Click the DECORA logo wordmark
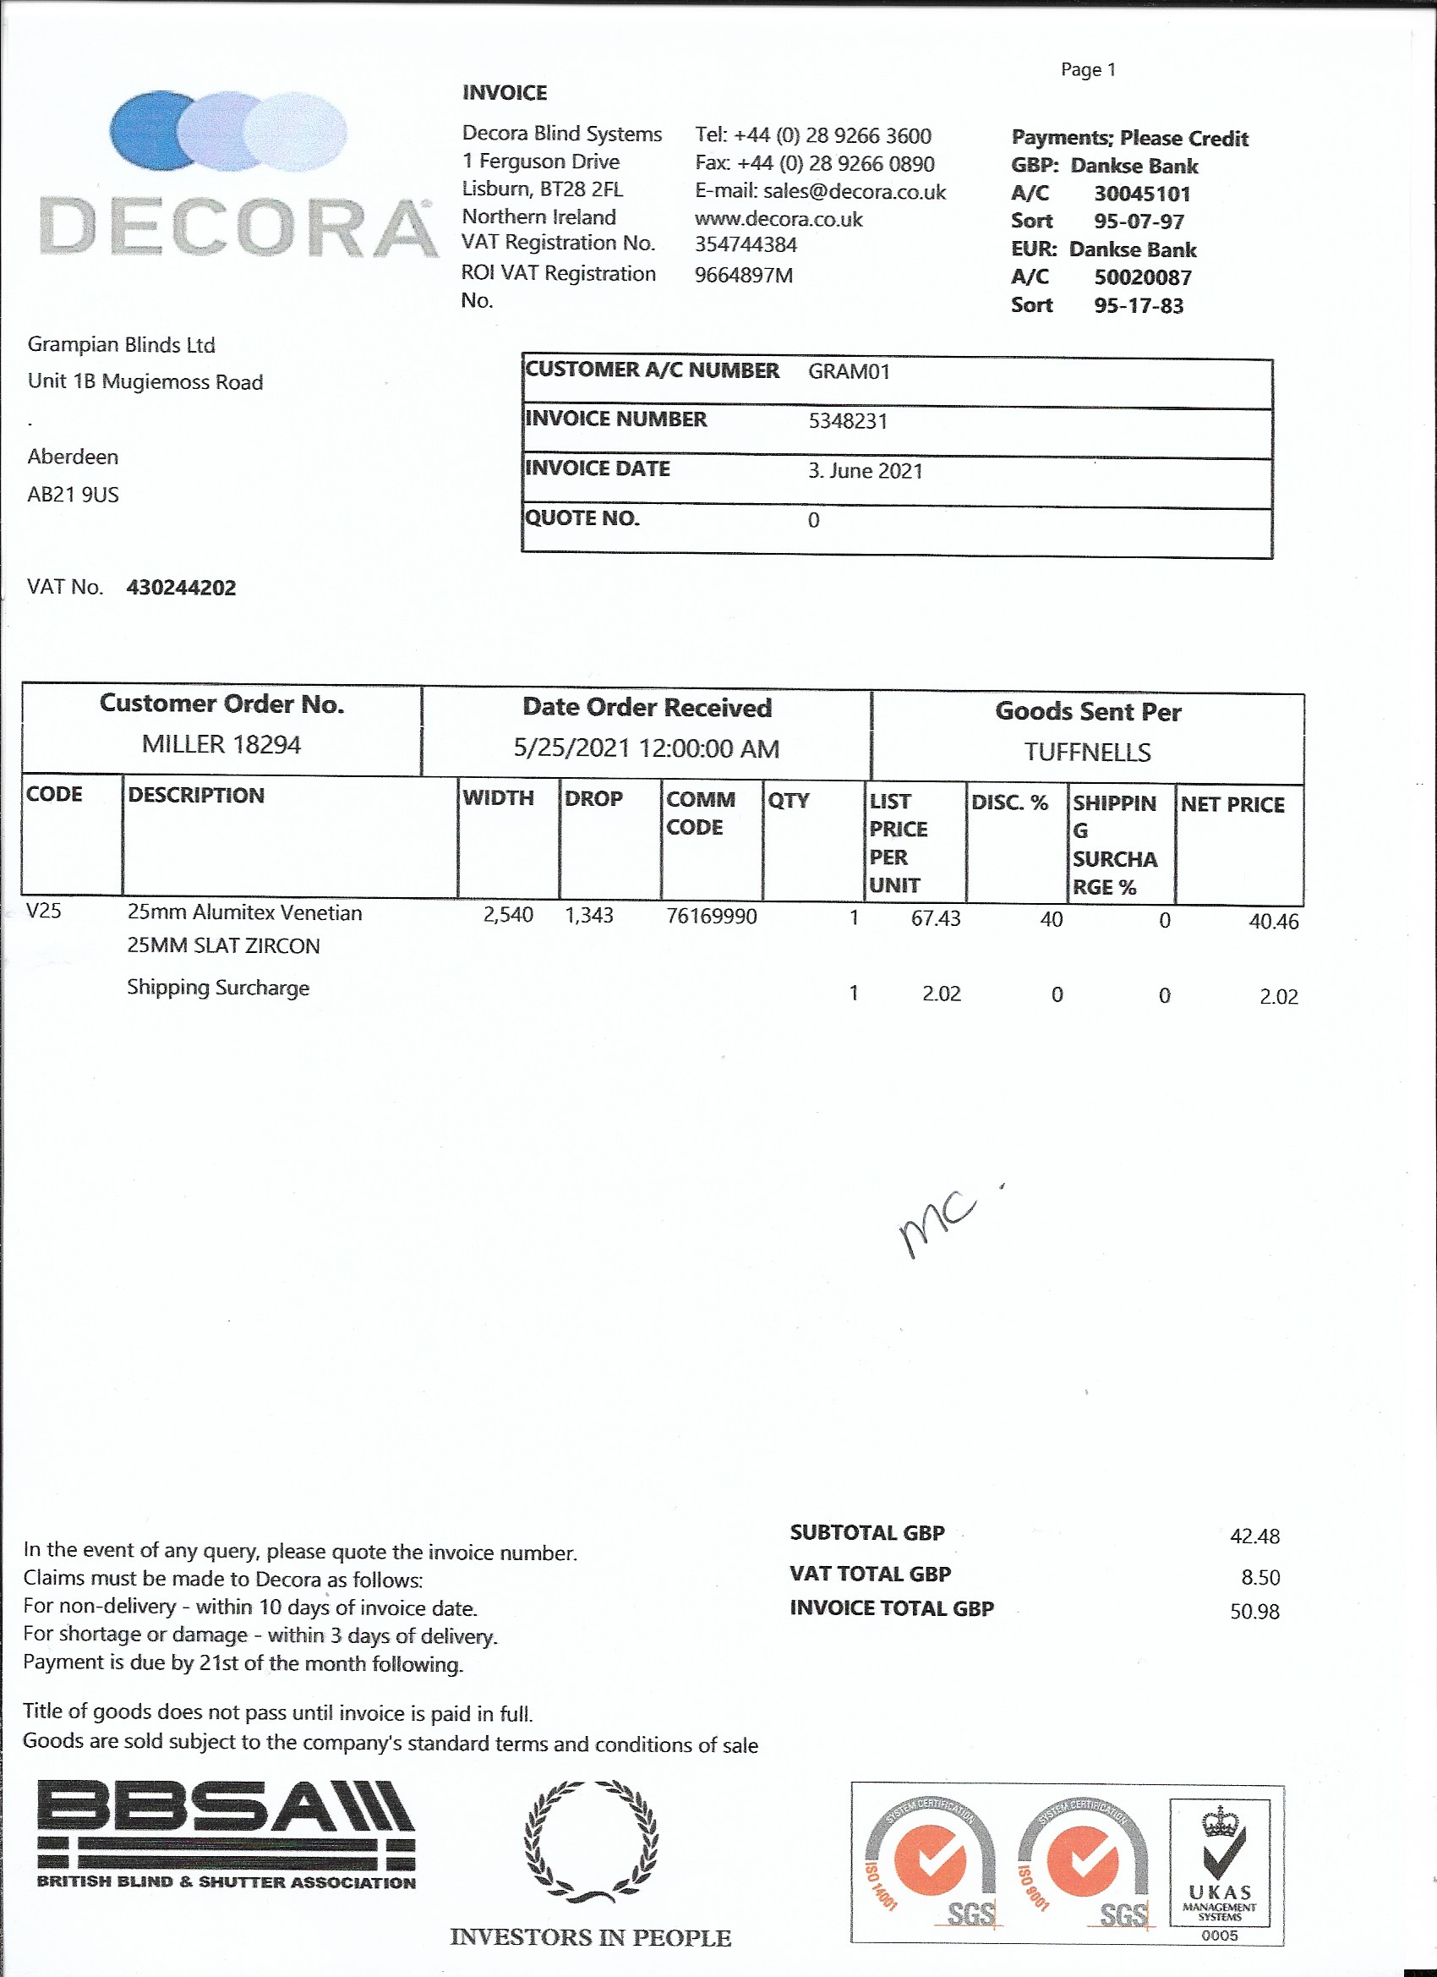point(238,228)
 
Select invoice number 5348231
point(848,422)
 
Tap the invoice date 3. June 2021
point(866,472)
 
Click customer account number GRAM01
point(849,372)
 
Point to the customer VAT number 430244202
point(181,589)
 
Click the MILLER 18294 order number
point(221,745)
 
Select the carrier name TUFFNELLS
point(1088,753)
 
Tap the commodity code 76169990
point(711,917)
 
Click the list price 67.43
point(935,919)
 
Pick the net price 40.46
point(1273,923)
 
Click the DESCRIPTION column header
point(196,796)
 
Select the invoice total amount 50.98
point(1254,1612)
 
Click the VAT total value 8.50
point(1260,1578)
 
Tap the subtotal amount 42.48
point(1254,1536)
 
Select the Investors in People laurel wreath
point(591,1842)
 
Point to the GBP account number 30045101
point(1142,194)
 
